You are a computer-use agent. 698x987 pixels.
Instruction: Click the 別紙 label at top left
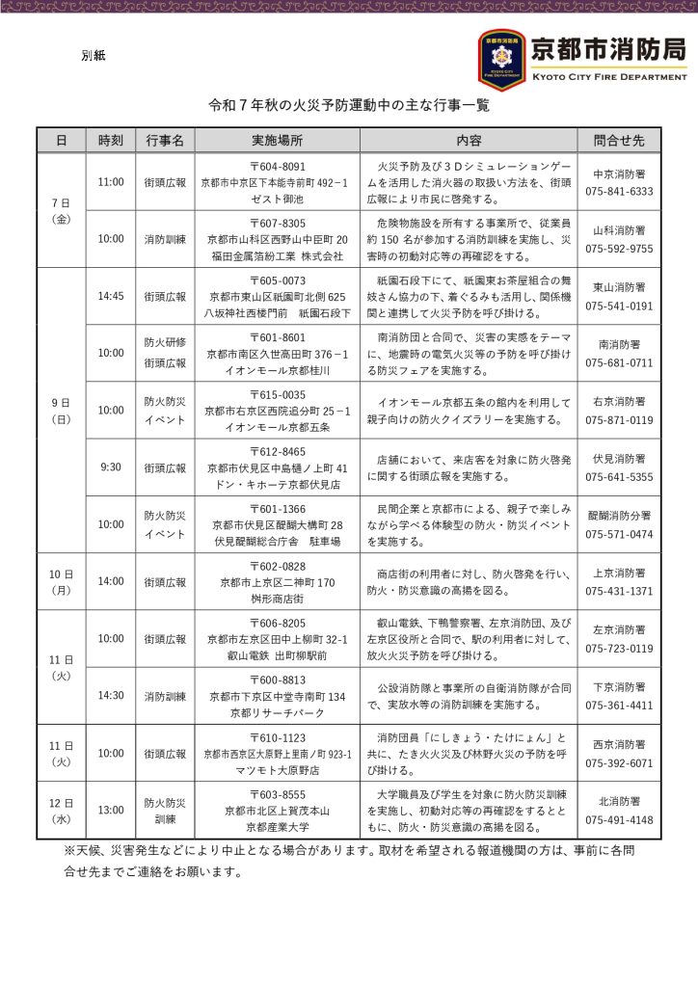pos(94,56)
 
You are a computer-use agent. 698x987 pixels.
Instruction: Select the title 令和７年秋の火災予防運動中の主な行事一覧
pos(349,106)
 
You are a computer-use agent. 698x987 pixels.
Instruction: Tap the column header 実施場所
pos(277,141)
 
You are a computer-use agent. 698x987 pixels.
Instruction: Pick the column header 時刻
pos(111,141)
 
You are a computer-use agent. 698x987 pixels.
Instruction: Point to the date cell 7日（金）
pos(61,211)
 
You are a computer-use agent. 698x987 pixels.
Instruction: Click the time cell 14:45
pos(111,296)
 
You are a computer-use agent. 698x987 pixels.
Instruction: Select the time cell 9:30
pos(111,467)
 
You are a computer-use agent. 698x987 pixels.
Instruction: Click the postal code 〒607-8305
pos(277,222)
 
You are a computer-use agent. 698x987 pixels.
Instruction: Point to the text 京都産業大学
pos(277,827)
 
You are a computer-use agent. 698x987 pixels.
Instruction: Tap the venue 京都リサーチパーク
pos(277,712)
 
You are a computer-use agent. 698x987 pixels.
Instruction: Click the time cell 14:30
pos(111,695)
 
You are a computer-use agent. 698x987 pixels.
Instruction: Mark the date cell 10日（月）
pos(61,581)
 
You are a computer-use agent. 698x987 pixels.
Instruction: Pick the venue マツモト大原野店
pos(277,769)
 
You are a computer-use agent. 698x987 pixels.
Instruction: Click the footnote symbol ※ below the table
pos(69,852)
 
